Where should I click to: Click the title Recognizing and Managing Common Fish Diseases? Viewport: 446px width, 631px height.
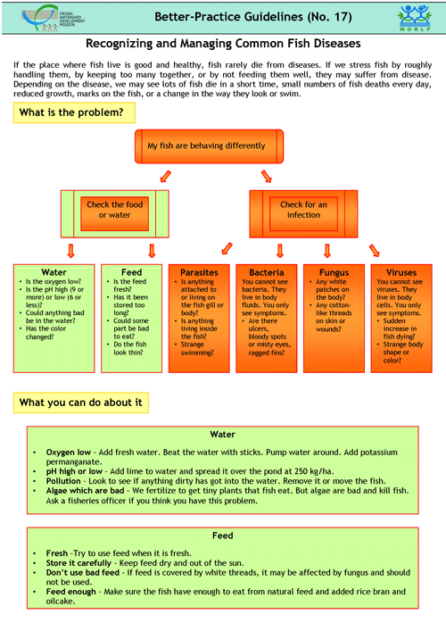(x=222, y=43)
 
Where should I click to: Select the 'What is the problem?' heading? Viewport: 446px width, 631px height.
(x=75, y=112)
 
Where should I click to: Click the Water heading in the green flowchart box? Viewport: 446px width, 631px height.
(x=54, y=272)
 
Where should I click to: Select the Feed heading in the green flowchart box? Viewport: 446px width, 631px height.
(x=130, y=272)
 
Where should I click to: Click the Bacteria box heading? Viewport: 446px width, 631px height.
(x=266, y=272)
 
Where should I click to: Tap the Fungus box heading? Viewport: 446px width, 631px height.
(x=333, y=272)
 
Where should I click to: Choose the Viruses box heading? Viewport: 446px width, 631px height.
(x=401, y=272)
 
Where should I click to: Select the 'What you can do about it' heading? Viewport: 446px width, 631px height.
(x=80, y=403)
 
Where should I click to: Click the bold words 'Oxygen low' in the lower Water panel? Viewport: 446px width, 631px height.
(x=70, y=451)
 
